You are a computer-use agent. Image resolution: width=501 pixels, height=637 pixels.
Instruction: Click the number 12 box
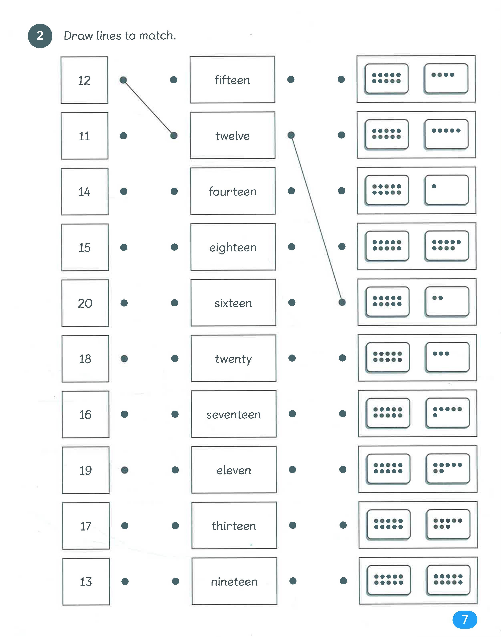click(x=84, y=80)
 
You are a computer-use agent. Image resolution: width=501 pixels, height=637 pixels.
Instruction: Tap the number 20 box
click(x=85, y=303)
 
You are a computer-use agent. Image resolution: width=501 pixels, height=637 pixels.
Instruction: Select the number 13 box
click(x=86, y=582)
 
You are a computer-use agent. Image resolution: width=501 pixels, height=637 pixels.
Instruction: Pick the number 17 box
click(x=86, y=526)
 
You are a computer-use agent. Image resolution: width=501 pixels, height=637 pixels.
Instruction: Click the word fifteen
click(x=232, y=80)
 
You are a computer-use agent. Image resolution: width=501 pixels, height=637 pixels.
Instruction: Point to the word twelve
click(x=233, y=136)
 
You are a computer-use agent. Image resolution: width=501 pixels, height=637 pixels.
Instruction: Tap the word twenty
click(x=234, y=359)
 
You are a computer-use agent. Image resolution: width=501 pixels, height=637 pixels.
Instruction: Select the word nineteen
click(x=234, y=582)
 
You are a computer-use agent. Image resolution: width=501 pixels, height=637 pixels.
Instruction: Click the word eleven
click(x=234, y=470)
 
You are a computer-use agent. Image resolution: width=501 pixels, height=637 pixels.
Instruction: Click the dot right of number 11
click(x=123, y=136)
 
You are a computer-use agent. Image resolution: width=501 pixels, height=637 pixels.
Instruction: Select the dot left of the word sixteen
click(x=174, y=303)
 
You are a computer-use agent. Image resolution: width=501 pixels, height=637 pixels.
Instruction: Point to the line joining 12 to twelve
click(x=148, y=108)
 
